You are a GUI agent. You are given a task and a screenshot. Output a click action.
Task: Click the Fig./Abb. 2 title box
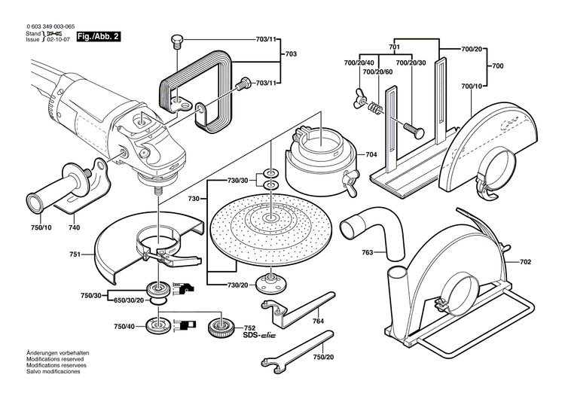(98, 36)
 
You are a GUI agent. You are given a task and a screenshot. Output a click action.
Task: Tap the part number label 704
(371, 154)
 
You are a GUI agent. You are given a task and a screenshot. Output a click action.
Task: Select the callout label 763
(368, 252)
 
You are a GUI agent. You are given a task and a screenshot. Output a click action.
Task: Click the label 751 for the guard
(75, 254)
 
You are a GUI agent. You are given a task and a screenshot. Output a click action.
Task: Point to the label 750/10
(41, 227)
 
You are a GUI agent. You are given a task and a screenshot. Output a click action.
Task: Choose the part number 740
(75, 227)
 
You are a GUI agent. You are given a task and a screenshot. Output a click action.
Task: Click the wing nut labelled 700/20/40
(360, 98)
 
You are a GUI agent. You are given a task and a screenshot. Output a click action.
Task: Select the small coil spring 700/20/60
(374, 108)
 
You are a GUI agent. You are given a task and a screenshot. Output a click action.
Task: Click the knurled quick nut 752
(221, 327)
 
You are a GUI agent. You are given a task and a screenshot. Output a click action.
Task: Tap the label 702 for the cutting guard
(525, 262)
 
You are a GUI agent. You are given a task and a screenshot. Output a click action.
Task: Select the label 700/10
(472, 86)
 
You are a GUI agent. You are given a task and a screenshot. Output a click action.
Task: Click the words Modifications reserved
(55, 359)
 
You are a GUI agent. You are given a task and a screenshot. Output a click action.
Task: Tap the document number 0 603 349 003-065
(50, 26)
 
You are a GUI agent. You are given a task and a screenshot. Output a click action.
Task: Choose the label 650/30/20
(129, 300)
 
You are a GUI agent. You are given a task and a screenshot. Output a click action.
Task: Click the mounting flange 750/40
(158, 325)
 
